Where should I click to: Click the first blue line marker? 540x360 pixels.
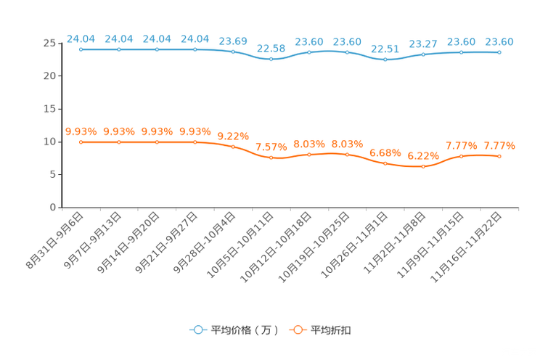[x=81, y=49]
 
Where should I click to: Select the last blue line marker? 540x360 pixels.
[x=499, y=52]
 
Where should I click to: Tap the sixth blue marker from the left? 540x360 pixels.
[x=271, y=59]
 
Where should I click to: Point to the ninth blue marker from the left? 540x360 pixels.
[x=385, y=59]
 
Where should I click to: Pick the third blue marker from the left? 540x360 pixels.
[x=157, y=49]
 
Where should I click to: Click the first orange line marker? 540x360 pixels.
[x=81, y=142]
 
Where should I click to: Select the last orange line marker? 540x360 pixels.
[x=499, y=156]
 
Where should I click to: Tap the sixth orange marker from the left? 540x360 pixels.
[x=271, y=157]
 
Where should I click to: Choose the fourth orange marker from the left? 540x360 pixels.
[x=195, y=142]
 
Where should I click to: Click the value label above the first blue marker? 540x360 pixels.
[x=81, y=38]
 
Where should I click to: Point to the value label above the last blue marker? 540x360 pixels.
[x=499, y=41]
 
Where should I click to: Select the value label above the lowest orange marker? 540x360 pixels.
[x=423, y=155]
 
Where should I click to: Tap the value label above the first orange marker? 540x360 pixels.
[x=81, y=131]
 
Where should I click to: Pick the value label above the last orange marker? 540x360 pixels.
[x=499, y=146]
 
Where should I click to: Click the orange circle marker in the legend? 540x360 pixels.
[x=298, y=330]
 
